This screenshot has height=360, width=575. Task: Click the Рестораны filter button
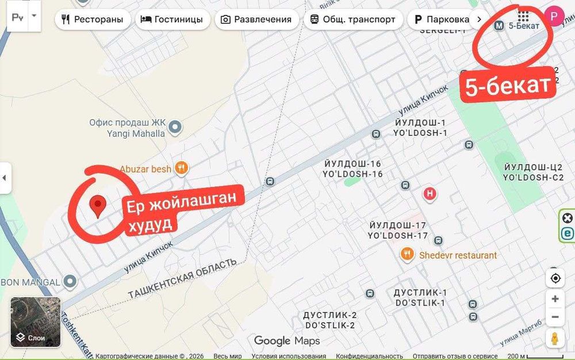92,19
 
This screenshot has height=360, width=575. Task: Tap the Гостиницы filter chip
172,19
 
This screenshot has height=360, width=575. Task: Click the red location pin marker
98,205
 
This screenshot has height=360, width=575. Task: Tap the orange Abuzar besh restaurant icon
182,168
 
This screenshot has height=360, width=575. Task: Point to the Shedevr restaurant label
457,255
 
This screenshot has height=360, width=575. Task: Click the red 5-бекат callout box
508,87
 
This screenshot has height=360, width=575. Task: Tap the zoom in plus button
555,298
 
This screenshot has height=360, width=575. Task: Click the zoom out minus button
555,317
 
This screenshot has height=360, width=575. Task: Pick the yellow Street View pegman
555,339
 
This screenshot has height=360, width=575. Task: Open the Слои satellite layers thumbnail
36,322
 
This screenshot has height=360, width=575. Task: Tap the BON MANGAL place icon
70,282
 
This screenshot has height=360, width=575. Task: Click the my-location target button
555,278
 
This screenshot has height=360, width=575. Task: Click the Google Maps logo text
287,341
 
